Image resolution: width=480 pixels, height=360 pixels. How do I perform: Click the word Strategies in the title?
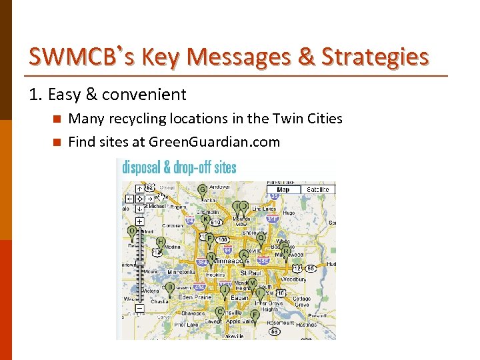click(375, 57)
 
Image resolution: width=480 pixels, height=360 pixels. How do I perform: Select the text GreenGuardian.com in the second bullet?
click(214, 141)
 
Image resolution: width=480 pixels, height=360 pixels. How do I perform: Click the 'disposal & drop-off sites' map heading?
click(179, 167)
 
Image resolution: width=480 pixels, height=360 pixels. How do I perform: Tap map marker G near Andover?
click(202, 190)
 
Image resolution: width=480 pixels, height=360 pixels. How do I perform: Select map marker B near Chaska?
click(170, 287)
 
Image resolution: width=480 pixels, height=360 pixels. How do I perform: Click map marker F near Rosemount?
click(255, 315)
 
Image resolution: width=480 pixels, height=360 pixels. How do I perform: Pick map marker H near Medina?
click(161, 242)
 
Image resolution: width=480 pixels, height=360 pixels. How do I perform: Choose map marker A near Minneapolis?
click(244, 255)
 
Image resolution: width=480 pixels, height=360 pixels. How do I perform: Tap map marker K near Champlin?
click(205, 219)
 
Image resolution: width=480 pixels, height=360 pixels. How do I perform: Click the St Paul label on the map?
click(250, 273)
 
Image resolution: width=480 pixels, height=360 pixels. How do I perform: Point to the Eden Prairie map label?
click(194, 297)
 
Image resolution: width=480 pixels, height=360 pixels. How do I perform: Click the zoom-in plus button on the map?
click(139, 221)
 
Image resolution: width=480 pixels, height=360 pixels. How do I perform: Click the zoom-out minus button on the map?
click(139, 308)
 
